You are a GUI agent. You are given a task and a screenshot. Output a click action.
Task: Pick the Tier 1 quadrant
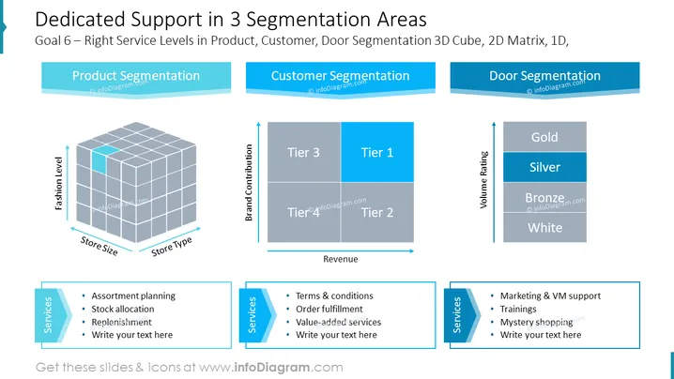coord(377,152)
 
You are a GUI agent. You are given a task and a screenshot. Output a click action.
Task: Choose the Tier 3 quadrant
coord(304,152)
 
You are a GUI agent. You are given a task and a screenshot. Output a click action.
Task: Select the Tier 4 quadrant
coord(304,213)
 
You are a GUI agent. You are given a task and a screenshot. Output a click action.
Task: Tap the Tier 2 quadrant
coord(377,213)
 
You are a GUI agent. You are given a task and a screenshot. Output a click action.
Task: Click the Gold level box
coord(544,137)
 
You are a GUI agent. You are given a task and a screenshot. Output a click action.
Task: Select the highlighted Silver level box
coord(544,167)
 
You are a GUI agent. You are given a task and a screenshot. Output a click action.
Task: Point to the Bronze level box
coord(544,198)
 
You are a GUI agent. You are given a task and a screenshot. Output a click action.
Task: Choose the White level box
coord(544,228)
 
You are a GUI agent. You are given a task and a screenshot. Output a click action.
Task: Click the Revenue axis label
coord(341,259)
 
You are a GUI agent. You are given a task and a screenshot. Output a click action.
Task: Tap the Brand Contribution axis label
coord(249,183)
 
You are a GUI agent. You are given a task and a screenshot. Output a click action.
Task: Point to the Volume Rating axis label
coord(483,180)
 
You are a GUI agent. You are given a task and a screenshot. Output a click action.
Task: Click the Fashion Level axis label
coord(58,184)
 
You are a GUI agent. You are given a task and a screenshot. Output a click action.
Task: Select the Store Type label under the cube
coord(172,246)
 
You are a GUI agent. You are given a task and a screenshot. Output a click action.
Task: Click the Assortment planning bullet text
coord(133,296)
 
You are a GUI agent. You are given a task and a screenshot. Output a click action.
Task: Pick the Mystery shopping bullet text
coord(536,323)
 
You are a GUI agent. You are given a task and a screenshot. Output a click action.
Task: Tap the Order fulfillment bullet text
coord(329,309)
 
